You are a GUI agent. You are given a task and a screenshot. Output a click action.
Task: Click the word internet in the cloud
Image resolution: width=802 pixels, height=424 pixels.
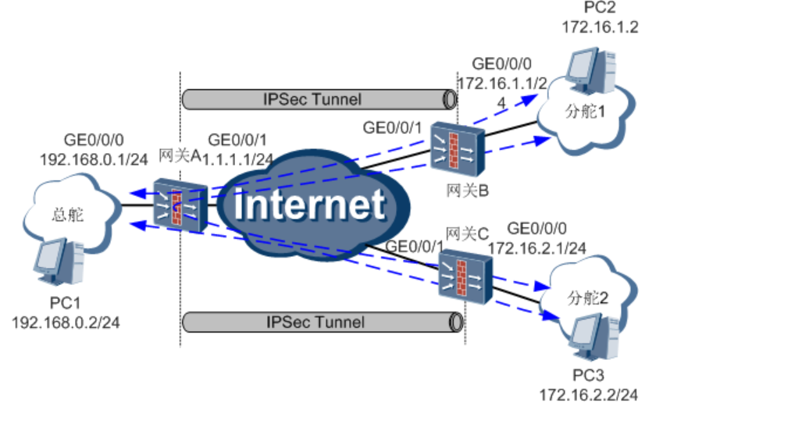pos(311,205)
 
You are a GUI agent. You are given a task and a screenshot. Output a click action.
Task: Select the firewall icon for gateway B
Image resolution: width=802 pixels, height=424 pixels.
pos(458,148)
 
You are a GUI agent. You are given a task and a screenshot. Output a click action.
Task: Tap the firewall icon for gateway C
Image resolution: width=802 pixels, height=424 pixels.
pos(466,277)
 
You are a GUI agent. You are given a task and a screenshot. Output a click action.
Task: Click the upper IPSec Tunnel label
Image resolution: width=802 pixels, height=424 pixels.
pos(312,100)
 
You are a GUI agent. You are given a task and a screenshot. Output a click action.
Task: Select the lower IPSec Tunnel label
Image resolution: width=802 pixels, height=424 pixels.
pos(315,322)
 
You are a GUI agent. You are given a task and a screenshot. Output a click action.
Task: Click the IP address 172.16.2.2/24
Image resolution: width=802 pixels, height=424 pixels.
pos(588,395)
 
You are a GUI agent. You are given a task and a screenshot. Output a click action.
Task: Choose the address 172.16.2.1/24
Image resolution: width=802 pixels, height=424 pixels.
pos(536,248)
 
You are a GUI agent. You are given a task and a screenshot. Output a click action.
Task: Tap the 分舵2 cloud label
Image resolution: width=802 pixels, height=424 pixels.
pos(590,298)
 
